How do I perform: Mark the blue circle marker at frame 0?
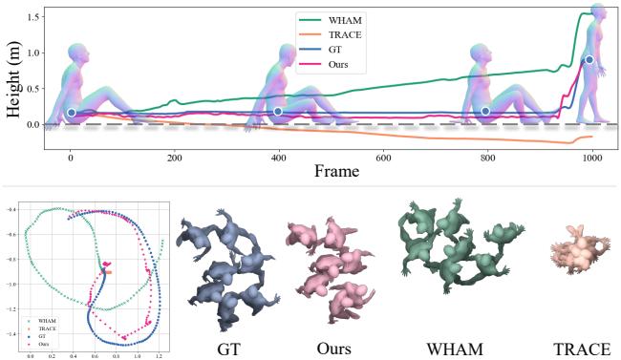(x=71, y=113)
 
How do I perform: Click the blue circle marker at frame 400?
(x=278, y=112)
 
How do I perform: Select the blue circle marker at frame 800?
(x=486, y=112)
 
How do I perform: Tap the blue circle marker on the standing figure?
(x=589, y=60)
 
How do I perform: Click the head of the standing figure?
(x=599, y=11)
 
